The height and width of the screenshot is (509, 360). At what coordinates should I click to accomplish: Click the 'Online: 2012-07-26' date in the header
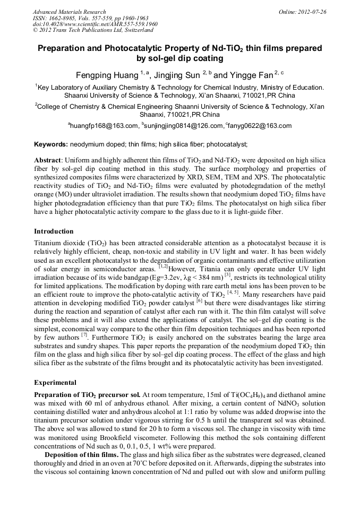[303, 12]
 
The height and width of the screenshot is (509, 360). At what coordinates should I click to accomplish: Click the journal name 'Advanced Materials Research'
[69, 12]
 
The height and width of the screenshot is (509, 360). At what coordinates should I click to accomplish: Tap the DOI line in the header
[95, 24]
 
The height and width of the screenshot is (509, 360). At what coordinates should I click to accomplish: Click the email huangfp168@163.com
[104, 126]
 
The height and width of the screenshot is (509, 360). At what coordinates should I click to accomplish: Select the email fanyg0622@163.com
[260, 126]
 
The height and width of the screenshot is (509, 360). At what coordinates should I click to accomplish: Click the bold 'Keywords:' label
[51, 144]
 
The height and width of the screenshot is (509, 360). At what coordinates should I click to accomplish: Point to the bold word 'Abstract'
[48, 160]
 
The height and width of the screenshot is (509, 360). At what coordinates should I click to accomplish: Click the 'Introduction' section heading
[54, 231]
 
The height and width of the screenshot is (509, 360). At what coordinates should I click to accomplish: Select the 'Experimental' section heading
[55, 382]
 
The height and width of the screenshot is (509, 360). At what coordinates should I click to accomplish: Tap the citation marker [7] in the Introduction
[84, 335]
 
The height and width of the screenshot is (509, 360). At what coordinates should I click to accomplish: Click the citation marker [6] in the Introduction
[200, 300]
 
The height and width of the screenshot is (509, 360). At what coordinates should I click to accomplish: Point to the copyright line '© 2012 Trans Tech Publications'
[85, 31]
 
